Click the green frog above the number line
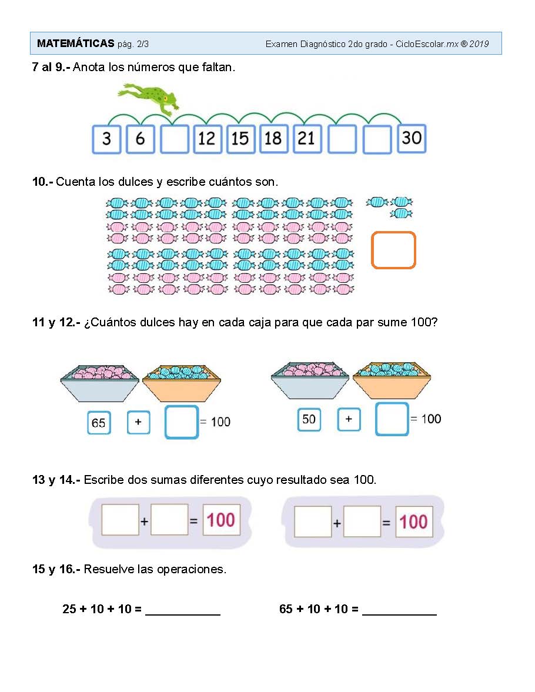[x=149, y=98]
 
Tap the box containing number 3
[x=106, y=139]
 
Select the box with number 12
[x=207, y=139]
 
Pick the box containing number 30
[x=412, y=139]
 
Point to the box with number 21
[x=307, y=139]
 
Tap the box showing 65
[x=99, y=423]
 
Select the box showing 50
[x=309, y=419]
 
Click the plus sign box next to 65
[x=139, y=422]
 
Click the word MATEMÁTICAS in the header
[x=75, y=44]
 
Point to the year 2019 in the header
[x=479, y=44]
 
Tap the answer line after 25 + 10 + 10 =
[x=183, y=614]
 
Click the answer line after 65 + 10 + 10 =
[x=399, y=614]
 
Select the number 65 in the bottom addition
[x=286, y=609]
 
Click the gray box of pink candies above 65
[x=100, y=383]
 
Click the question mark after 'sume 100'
[x=434, y=322]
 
